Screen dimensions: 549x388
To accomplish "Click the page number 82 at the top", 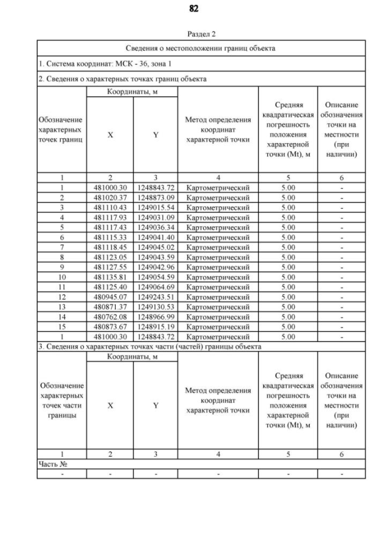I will pos(194,8).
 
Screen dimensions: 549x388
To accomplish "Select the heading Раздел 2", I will pos(194,34).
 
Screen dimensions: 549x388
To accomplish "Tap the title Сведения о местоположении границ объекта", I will pos(201,47).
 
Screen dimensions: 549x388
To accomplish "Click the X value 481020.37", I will pos(110,197).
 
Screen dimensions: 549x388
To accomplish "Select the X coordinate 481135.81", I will pos(110,277).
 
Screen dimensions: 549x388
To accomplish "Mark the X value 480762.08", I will pos(110,317).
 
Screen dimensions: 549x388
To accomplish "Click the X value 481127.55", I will pos(110,267).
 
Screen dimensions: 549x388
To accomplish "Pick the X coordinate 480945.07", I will pos(110,297).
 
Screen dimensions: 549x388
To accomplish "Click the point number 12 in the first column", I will pos(61,297).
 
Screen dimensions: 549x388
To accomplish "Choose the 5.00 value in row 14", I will pos(288,317).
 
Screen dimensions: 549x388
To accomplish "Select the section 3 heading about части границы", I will pos(150,346).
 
